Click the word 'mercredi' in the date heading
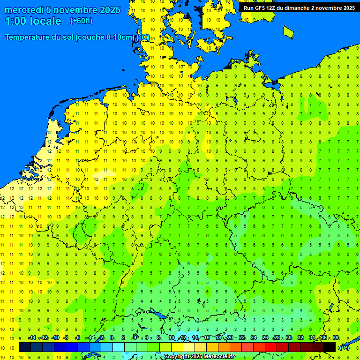24,10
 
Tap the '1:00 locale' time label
33,21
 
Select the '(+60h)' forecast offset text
81,21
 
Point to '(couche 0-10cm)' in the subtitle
104,37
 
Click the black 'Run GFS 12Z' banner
299,7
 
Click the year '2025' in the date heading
107,10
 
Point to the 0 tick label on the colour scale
112,337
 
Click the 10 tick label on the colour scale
172,337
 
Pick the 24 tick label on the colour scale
254,337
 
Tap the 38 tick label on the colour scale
336,337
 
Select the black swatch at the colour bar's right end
330,347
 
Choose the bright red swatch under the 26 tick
271,347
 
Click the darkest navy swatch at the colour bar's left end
25,347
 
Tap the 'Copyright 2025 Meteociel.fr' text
199,357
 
